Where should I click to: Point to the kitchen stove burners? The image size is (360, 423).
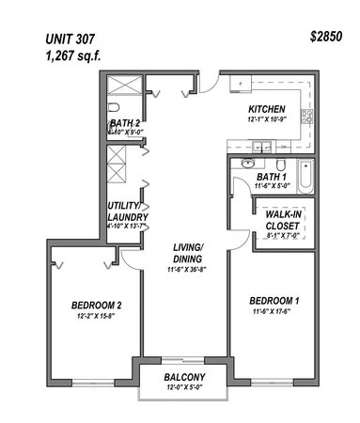(x=305, y=117)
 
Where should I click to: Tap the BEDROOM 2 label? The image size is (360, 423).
(x=97, y=305)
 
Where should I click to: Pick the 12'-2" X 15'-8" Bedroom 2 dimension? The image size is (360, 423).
(x=97, y=316)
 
